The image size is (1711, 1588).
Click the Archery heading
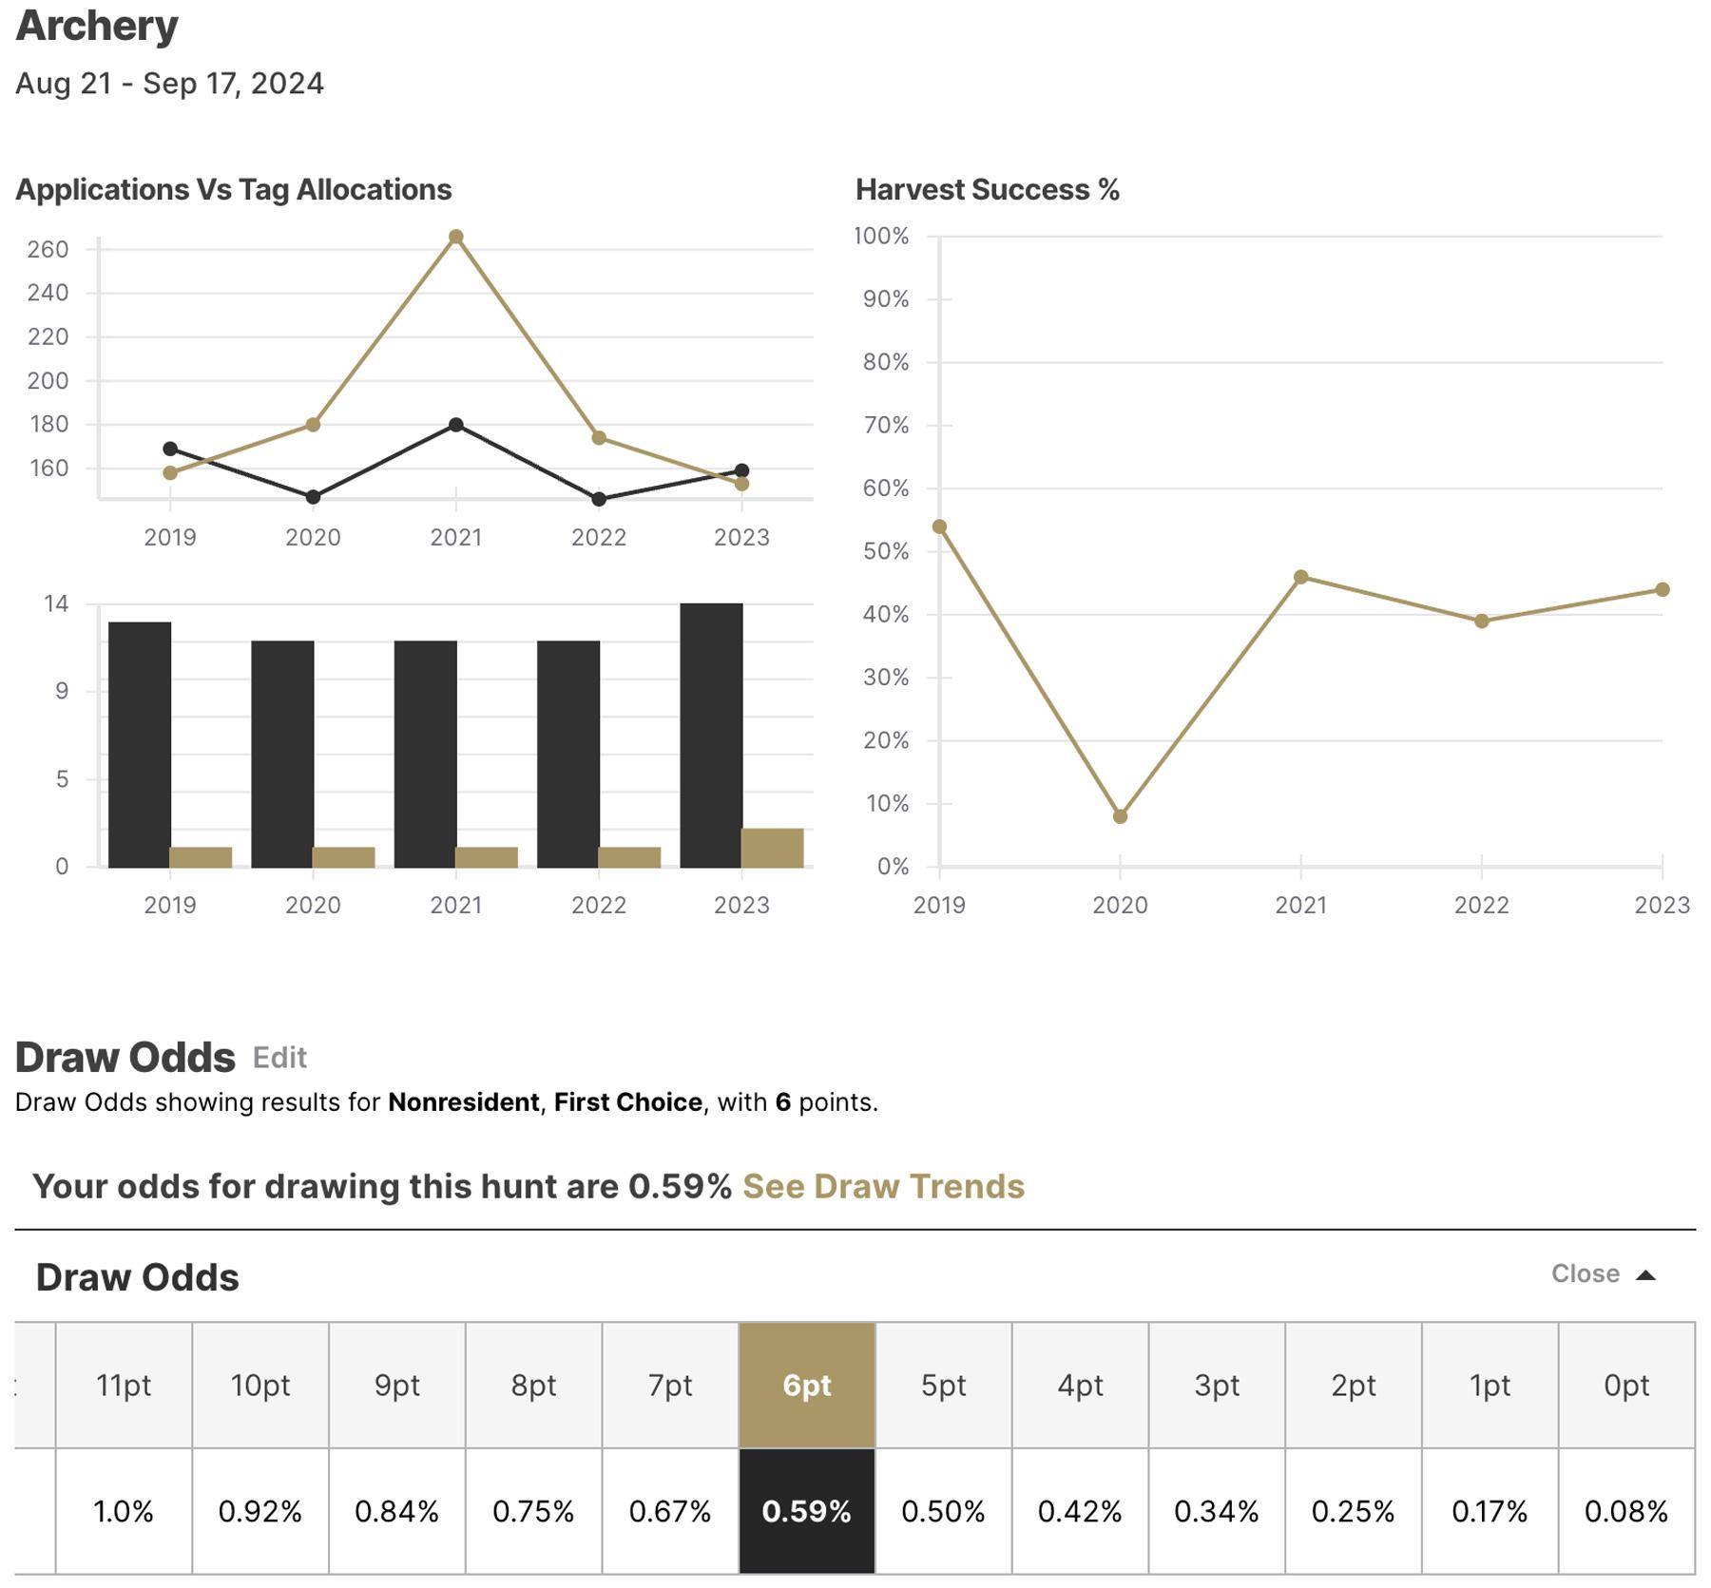[x=97, y=27]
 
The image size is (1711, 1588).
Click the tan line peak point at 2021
[x=455, y=237]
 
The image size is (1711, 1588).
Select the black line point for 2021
[x=455, y=425]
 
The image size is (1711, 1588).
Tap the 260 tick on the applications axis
[x=48, y=250]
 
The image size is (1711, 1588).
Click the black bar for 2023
[x=711, y=735]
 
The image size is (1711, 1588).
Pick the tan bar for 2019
[x=201, y=856]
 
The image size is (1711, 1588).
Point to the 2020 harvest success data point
[x=1120, y=816]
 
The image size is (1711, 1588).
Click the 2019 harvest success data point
[x=939, y=526]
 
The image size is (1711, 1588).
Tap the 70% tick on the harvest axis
[x=885, y=426]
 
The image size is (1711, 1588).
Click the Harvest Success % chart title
[x=987, y=190]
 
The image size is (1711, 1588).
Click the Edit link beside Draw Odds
[x=279, y=1058]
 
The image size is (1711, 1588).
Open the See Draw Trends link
[x=883, y=1187]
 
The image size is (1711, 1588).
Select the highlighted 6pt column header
[x=806, y=1386]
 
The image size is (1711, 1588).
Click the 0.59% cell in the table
[x=806, y=1511]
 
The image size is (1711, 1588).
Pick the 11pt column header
[x=124, y=1386]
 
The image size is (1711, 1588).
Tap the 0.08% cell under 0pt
[x=1625, y=1511]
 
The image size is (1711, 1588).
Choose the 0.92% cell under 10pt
[x=260, y=1511]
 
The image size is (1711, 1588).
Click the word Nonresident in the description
[x=463, y=1102]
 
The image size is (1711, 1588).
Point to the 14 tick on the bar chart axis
[x=56, y=604]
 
